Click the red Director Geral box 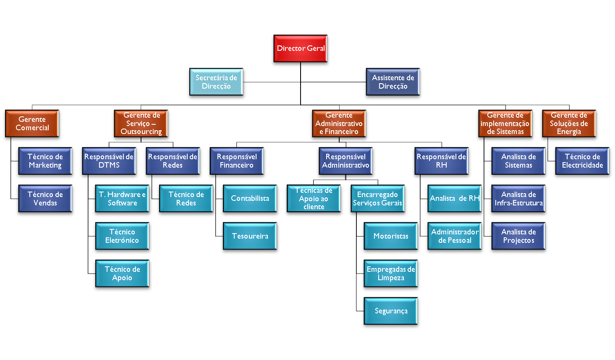[301, 49]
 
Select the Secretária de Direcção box [216, 82]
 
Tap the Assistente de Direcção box [393, 82]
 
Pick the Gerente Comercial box [32, 124]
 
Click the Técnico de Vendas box [45, 199]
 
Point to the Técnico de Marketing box [45, 161]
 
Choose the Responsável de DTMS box [109, 161]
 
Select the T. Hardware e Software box [122, 199]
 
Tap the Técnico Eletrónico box [122, 236]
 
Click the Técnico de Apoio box [122, 273]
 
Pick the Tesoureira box [250, 236]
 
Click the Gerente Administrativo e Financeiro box [339, 124]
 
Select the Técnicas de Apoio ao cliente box [314, 199]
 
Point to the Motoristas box [391, 236]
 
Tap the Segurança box [391, 311]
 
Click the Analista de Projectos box [518, 236]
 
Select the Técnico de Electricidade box [582, 161]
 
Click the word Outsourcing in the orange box [141, 132]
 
